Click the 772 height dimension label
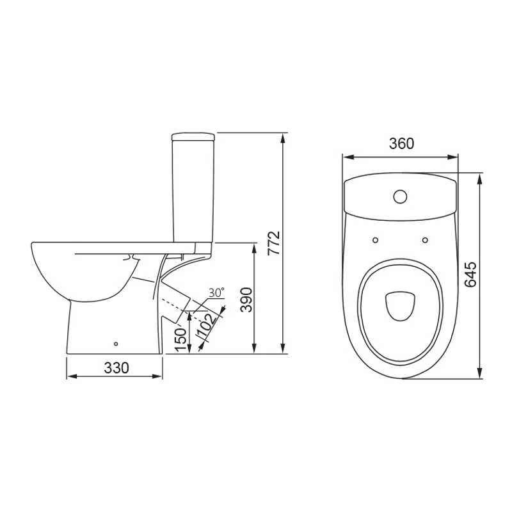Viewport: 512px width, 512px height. pyautogui.click(x=274, y=243)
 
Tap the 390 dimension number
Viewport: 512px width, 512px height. pyautogui.click(x=246, y=300)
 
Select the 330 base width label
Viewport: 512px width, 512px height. pyautogui.click(x=116, y=368)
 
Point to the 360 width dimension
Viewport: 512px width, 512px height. pyautogui.click(x=401, y=143)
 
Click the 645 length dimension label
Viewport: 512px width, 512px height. pyautogui.click(x=470, y=275)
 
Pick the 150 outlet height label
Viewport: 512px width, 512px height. pyautogui.click(x=180, y=340)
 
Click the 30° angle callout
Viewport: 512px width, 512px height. pyautogui.click(x=216, y=292)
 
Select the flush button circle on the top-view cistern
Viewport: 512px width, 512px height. pyautogui.click(x=400, y=196)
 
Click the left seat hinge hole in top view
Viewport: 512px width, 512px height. pyautogui.click(x=375, y=240)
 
